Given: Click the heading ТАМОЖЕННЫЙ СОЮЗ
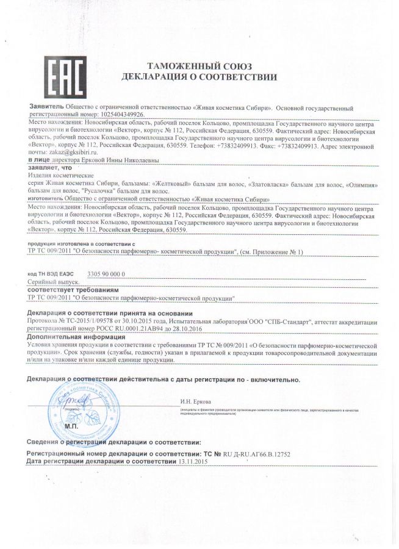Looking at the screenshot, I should click(199, 65).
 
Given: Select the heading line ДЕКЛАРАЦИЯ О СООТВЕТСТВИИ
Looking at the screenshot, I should click(199, 77).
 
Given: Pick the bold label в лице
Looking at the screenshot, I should click(37, 160).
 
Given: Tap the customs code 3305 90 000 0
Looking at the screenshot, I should click(107, 274).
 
